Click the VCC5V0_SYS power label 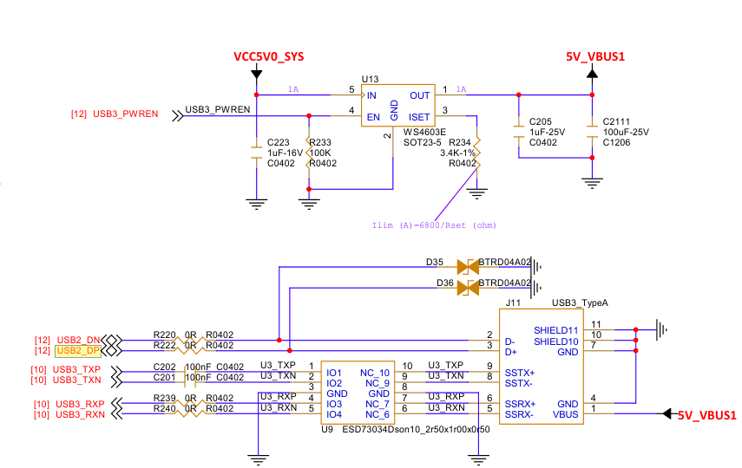pos(268,56)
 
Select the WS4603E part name pos(425,132)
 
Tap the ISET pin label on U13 pos(419,116)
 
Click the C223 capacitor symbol pos(256,153)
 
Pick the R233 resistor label pos(321,142)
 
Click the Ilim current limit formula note pos(433,225)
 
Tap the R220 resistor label pos(164,335)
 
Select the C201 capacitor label pos(164,376)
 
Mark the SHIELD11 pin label pos(555,330)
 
